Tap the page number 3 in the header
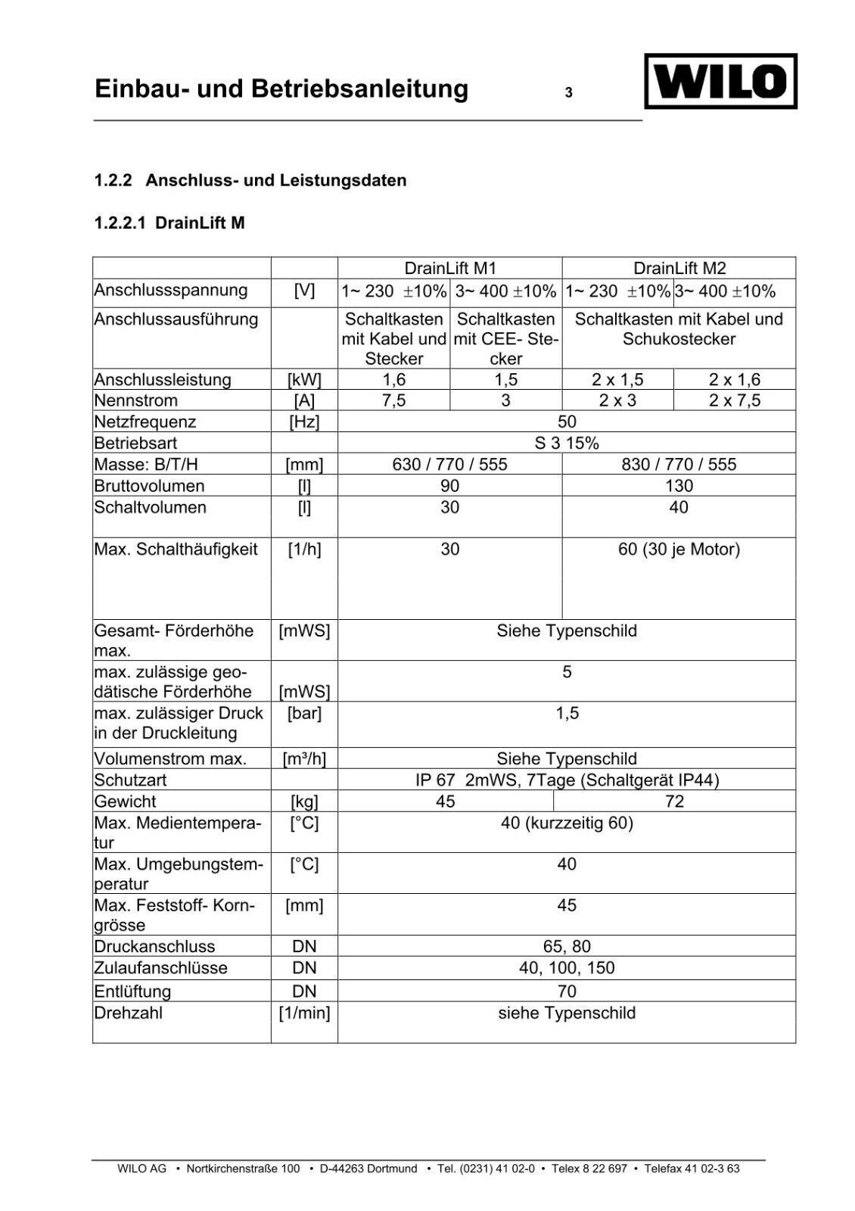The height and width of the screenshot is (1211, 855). pos(568,94)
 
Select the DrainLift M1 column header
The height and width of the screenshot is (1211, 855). pos(450,268)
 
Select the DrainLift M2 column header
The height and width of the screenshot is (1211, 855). pos(679,268)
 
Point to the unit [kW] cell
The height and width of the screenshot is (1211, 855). pos(304,380)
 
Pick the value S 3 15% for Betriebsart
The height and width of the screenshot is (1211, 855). pos(567,443)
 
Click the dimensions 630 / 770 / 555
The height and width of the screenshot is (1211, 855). pos(450,464)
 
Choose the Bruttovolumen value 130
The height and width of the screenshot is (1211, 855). pos(679,486)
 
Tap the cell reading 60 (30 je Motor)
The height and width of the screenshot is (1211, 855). pos(679,549)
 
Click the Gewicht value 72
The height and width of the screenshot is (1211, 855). pos(674,802)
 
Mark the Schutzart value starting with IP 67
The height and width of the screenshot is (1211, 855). pos(567,780)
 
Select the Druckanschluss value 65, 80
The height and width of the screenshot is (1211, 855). pos(567,947)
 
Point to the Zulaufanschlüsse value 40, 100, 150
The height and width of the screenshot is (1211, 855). pos(567,968)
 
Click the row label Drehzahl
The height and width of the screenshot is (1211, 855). pos(129,1013)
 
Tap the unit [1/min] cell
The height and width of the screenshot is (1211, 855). pos(304,1013)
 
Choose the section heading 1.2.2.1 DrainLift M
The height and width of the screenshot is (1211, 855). pos(169,223)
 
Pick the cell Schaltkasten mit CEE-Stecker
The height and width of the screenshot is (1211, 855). pos(506,338)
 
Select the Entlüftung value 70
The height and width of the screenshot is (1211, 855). pos(567,992)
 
